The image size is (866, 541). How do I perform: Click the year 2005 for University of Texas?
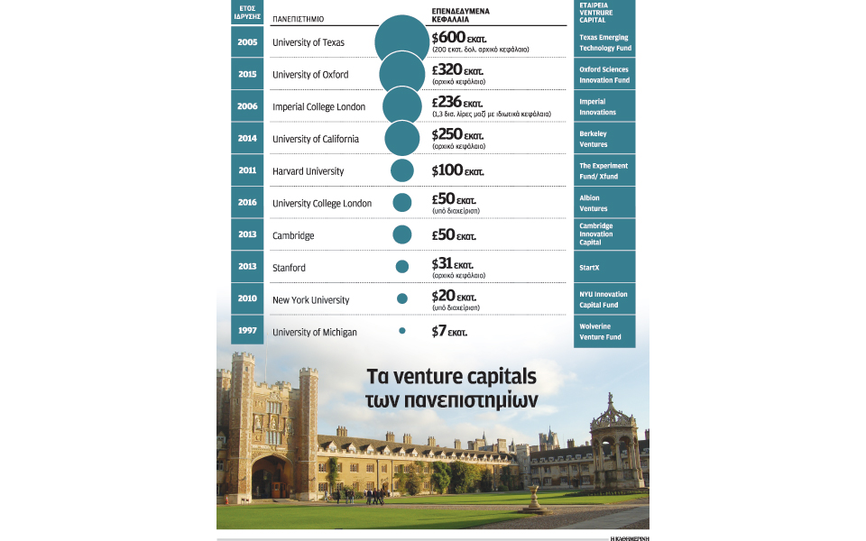tap(247, 42)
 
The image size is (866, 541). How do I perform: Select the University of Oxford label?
tap(310, 75)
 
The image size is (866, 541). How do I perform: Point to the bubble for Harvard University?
tap(402, 170)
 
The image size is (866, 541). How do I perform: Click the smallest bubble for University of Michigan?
tap(402, 331)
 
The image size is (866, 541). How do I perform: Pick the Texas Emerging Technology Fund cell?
tap(604, 42)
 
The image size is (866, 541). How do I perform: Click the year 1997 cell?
tap(247, 331)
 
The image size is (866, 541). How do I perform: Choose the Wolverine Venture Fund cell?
tap(604, 332)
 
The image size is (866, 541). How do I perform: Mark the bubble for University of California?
tap(402, 138)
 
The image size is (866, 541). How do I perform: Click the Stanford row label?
tap(290, 268)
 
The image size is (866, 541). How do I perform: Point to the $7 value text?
tap(449, 332)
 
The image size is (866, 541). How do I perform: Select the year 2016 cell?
tap(247, 203)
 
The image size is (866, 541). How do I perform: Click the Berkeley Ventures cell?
tap(604, 139)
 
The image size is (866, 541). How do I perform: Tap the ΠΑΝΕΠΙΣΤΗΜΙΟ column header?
tap(298, 18)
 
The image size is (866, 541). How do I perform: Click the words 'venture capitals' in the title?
tap(460, 375)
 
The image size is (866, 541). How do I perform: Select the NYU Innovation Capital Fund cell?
tap(604, 299)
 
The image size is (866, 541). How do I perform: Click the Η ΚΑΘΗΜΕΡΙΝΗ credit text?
tap(630, 537)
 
